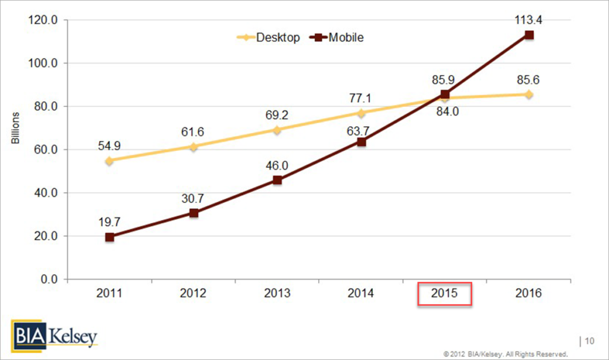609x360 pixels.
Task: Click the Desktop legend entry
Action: pyautogui.click(x=269, y=37)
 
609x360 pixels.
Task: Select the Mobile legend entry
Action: pyautogui.click(x=337, y=37)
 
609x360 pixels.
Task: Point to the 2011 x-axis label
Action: pyautogui.click(x=109, y=294)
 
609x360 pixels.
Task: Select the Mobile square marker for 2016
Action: pyautogui.click(x=529, y=35)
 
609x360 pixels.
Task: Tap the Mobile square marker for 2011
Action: pyautogui.click(x=109, y=237)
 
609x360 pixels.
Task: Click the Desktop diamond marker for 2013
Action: pyautogui.click(x=277, y=130)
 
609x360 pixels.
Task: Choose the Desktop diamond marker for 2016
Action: pyautogui.click(x=529, y=95)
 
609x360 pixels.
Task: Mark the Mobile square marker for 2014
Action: pyautogui.click(x=361, y=142)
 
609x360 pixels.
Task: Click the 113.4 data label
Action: pyautogui.click(x=529, y=20)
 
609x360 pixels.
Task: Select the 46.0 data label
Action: pyautogui.click(x=277, y=164)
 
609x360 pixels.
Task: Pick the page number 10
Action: pyautogui.click(x=589, y=341)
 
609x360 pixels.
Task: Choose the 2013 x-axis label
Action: pyautogui.click(x=277, y=294)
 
